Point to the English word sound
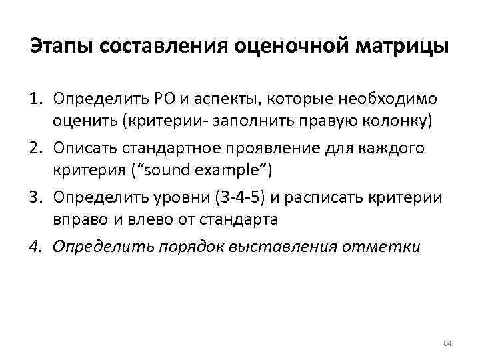coord(160,169)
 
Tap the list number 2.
coord(35,149)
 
